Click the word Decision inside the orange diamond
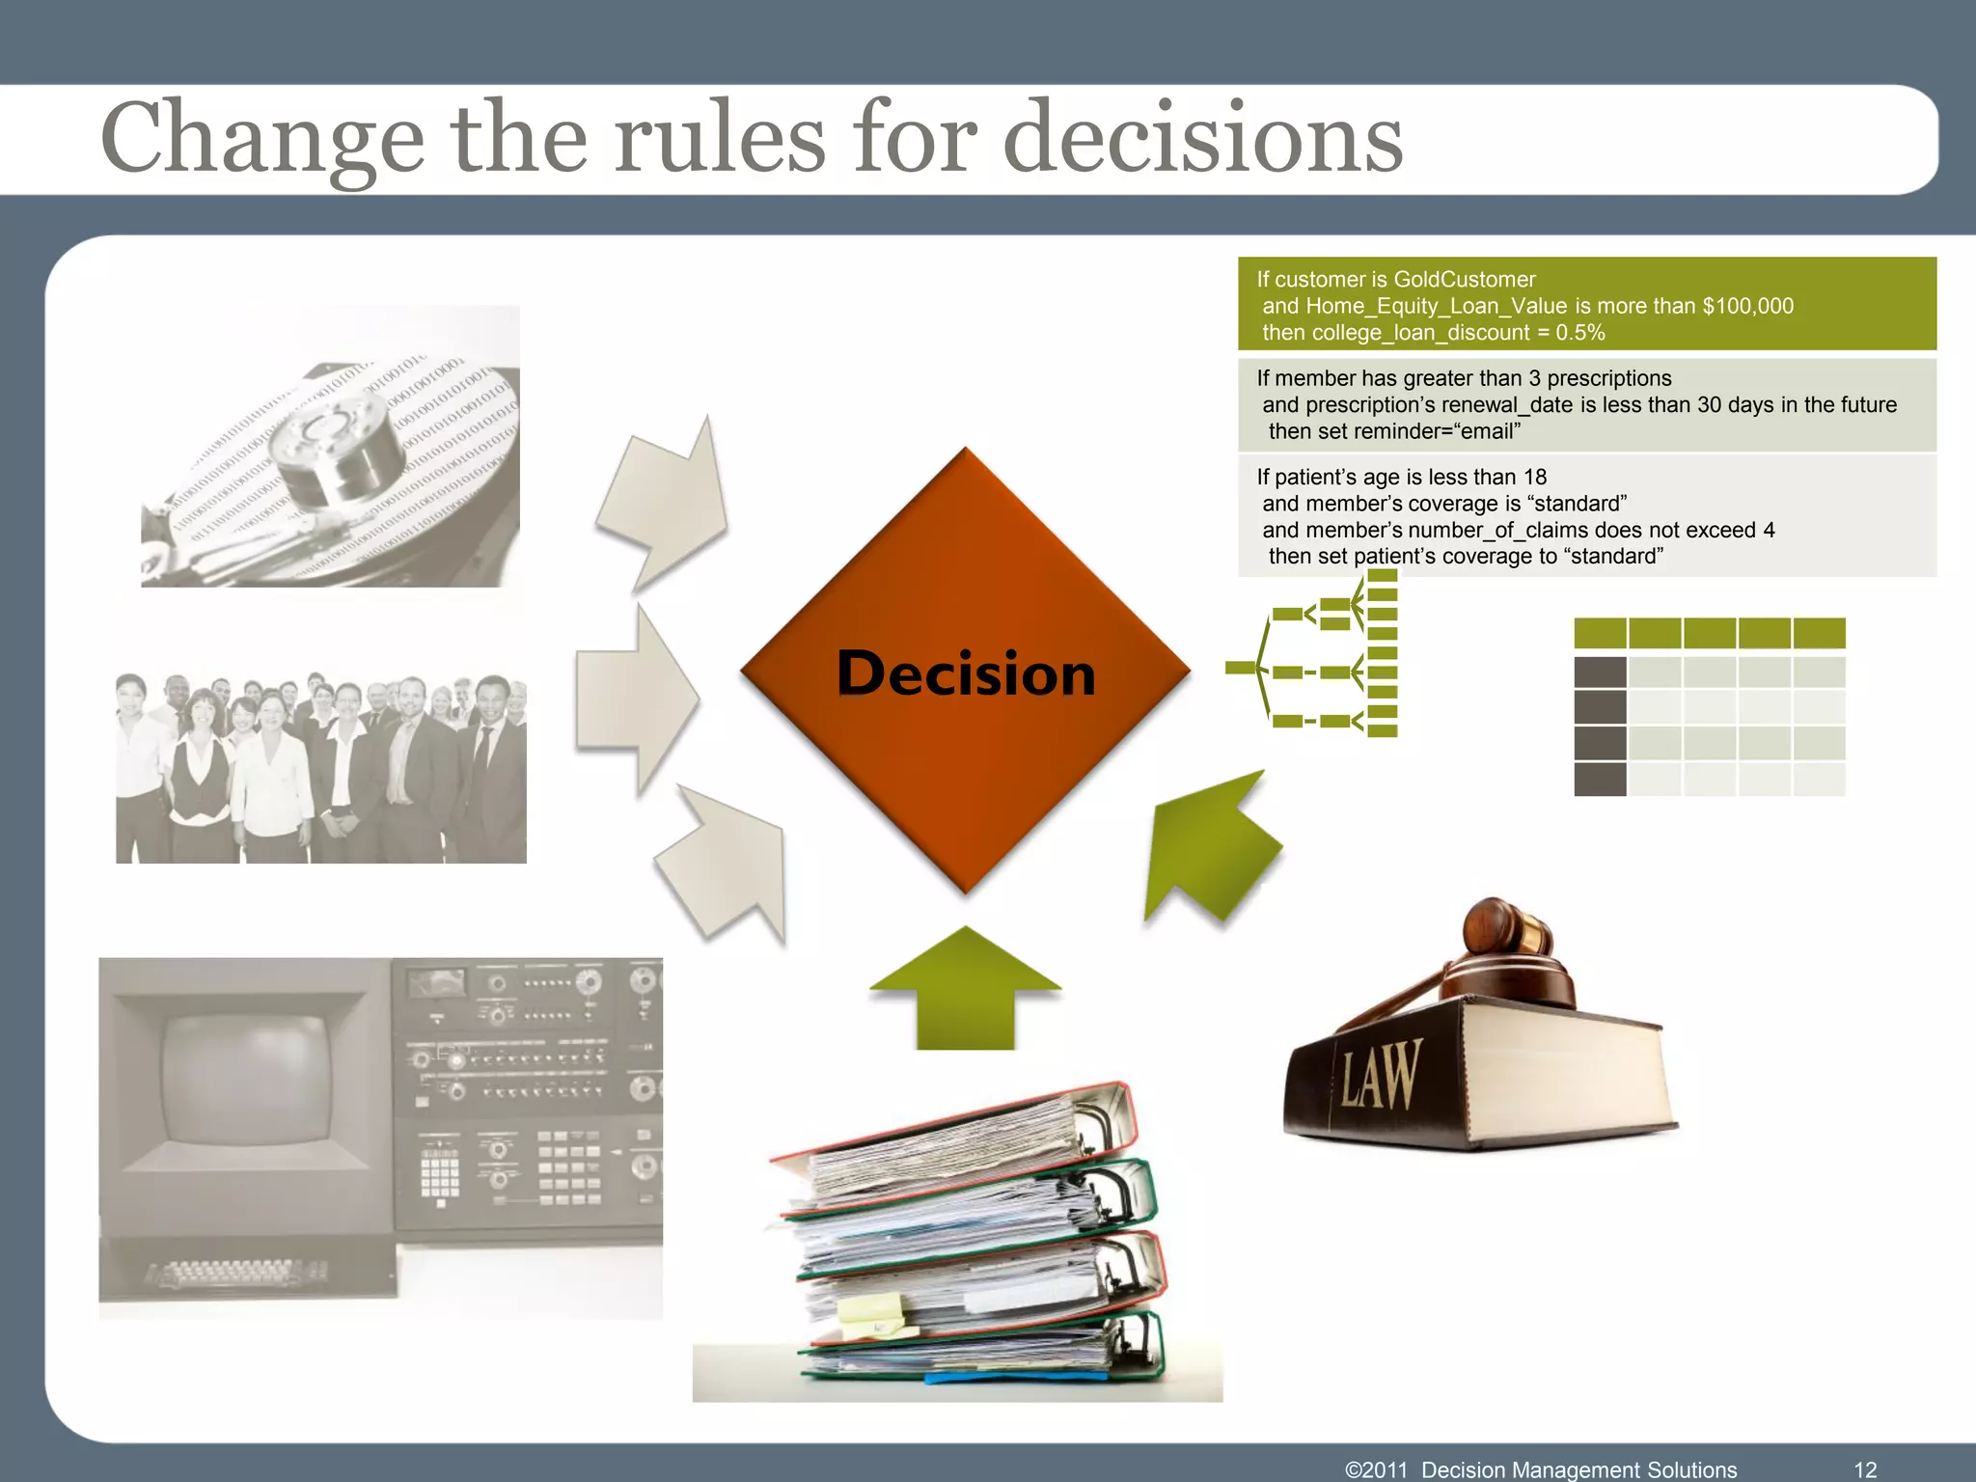pyautogui.click(x=966, y=673)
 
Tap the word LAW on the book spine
pyautogui.click(x=1381, y=1074)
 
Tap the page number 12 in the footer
pyautogui.click(x=1865, y=1468)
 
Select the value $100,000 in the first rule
pyautogui.click(x=1747, y=306)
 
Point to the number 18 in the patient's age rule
pyautogui.click(x=1534, y=477)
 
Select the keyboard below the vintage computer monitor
pyautogui.click(x=236, y=1275)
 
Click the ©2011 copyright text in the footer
pyautogui.click(x=1376, y=1468)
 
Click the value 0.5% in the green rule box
pyautogui.click(x=1579, y=333)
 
